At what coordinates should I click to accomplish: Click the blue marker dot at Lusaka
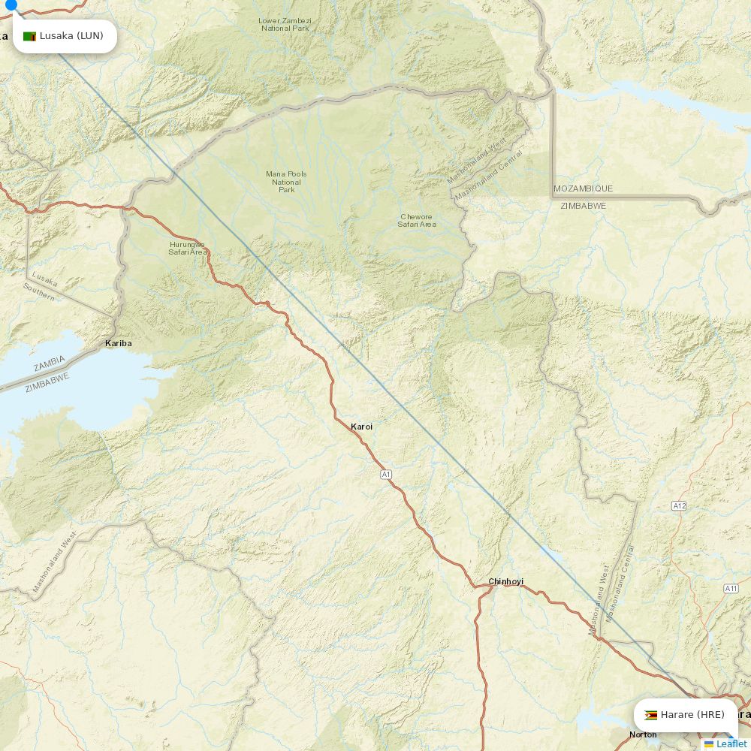pyautogui.click(x=11, y=5)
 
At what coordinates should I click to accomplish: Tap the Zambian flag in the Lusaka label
pyautogui.click(x=30, y=36)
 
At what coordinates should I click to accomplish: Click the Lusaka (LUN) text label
pyautogui.click(x=71, y=36)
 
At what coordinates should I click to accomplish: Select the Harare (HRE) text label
pyautogui.click(x=692, y=715)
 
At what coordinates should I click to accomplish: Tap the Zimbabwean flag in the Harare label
pyautogui.click(x=651, y=715)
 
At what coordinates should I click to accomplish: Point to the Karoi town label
pyautogui.click(x=361, y=427)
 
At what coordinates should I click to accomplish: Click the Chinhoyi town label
pyautogui.click(x=505, y=581)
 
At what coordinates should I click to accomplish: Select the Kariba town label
pyautogui.click(x=118, y=343)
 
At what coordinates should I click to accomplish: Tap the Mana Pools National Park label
pyautogui.click(x=286, y=182)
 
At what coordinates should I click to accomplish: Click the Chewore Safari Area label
pyautogui.click(x=416, y=220)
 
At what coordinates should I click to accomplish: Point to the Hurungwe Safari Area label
pyautogui.click(x=187, y=248)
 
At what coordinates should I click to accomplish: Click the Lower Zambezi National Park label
pyautogui.click(x=285, y=24)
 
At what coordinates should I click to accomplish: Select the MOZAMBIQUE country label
pyautogui.click(x=583, y=189)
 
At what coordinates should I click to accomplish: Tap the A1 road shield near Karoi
pyautogui.click(x=386, y=474)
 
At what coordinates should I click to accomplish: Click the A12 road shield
pyautogui.click(x=679, y=506)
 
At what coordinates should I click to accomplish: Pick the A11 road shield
pyautogui.click(x=731, y=588)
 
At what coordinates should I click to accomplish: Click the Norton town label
pyautogui.click(x=643, y=734)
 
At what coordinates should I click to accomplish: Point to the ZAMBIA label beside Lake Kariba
pyautogui.click(x=49, y=363)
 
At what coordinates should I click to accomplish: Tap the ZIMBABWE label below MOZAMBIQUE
pyautogui.click(x=583, y=205)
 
